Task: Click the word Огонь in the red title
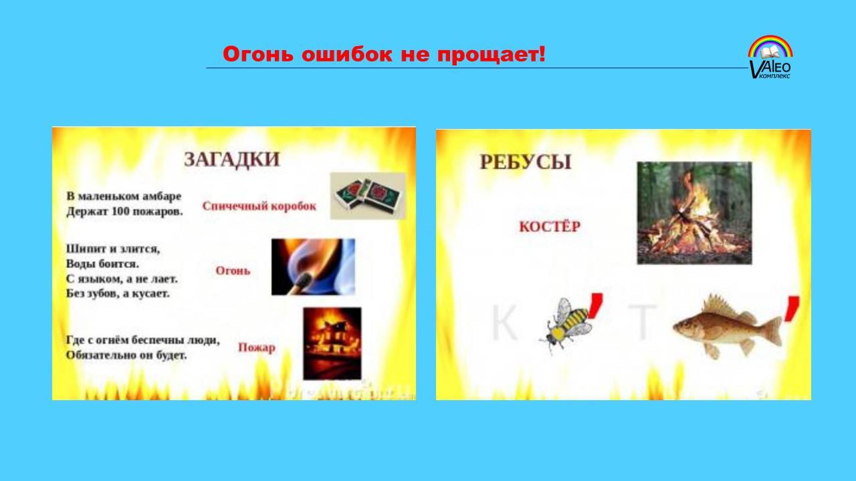(258, 54)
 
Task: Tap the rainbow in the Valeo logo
(770, 45)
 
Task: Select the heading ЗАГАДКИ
(232, 160)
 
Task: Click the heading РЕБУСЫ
(526, 162)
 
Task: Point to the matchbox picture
(368, 196)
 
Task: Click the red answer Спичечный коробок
(259, 206)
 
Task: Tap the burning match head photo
(313, 267)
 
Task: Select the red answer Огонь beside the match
(233, 271)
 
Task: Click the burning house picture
(332, 343)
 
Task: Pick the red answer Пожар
(257, 347)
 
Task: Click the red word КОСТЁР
(550, 226)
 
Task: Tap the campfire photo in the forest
(694, 212)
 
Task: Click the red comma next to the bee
(595, 305)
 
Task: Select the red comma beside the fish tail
(792, 309)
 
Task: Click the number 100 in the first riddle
(120, 211)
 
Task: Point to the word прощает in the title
(492, 55)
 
